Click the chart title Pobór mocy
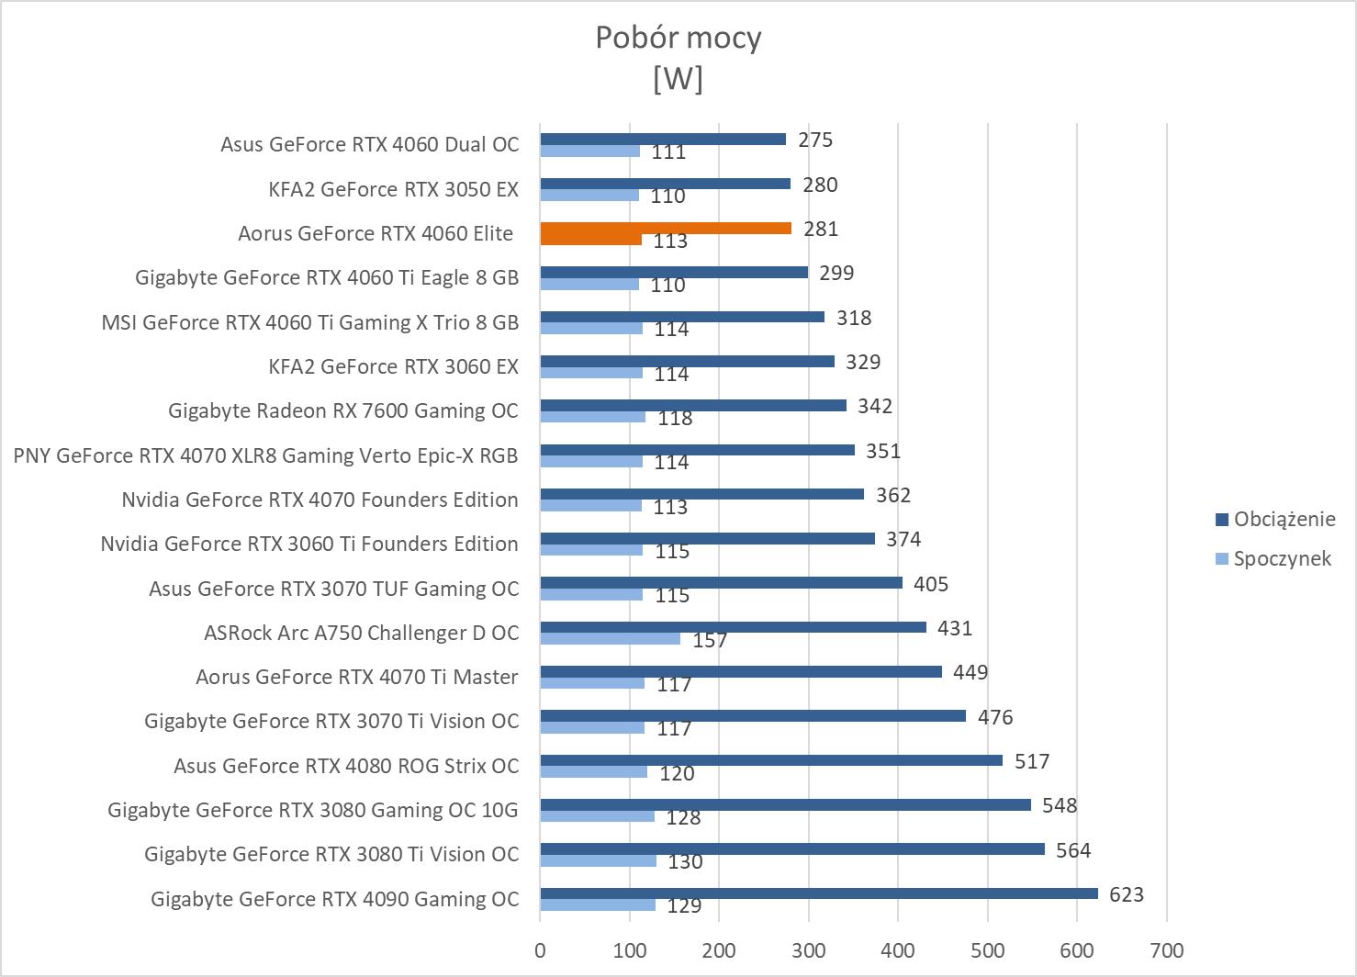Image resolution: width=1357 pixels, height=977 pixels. coord(678,38)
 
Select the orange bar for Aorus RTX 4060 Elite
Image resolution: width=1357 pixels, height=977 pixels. coord(665,228)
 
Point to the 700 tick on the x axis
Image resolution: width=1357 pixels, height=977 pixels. coord(1166,950)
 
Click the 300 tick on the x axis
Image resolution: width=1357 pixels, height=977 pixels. coord(808,950)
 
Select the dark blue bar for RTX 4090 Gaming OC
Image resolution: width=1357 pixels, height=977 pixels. coord(818,893)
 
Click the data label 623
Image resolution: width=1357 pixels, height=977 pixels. coord(1127,894)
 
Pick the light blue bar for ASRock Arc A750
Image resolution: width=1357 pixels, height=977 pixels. coord(610,639)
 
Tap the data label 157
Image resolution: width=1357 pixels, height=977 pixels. coord(710,640)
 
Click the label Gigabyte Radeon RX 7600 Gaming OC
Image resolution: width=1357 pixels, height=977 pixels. coord(343,410)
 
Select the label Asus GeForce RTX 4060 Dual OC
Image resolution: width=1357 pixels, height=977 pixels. coord(369,144)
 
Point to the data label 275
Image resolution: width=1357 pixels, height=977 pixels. coord(815,140)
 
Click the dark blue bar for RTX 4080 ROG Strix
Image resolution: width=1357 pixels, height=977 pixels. coord(770,760)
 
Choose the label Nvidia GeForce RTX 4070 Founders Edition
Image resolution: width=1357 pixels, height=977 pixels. coord(320,500)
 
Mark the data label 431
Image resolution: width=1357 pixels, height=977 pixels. coord(955,628)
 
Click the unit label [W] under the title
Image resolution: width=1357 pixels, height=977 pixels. coord(678,80)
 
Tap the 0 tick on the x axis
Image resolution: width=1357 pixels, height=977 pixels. coord(540,950)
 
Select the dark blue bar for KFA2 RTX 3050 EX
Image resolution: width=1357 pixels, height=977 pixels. coord(665,184)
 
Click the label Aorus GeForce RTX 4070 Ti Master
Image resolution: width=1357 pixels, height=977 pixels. coord(357,677)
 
